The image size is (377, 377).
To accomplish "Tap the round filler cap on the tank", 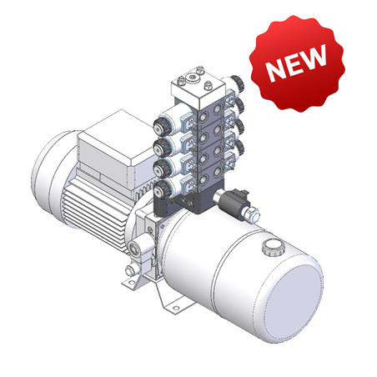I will coord(272,248).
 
